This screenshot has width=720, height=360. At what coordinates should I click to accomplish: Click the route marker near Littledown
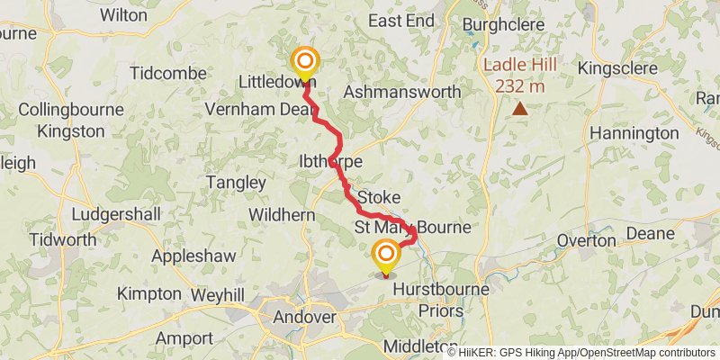click(305, 62)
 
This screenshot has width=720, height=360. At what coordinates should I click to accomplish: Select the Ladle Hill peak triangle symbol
click(520, 109)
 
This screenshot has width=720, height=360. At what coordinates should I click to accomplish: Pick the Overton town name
click(586, 241)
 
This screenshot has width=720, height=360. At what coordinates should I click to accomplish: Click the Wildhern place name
click(282, 216)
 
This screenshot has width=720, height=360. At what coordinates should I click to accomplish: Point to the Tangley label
click(236, 183)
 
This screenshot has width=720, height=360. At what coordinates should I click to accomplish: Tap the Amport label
click(184, 338)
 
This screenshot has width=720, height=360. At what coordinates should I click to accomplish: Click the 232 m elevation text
click(520, 86)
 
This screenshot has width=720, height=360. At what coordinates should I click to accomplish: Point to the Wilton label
click(124, 15)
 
